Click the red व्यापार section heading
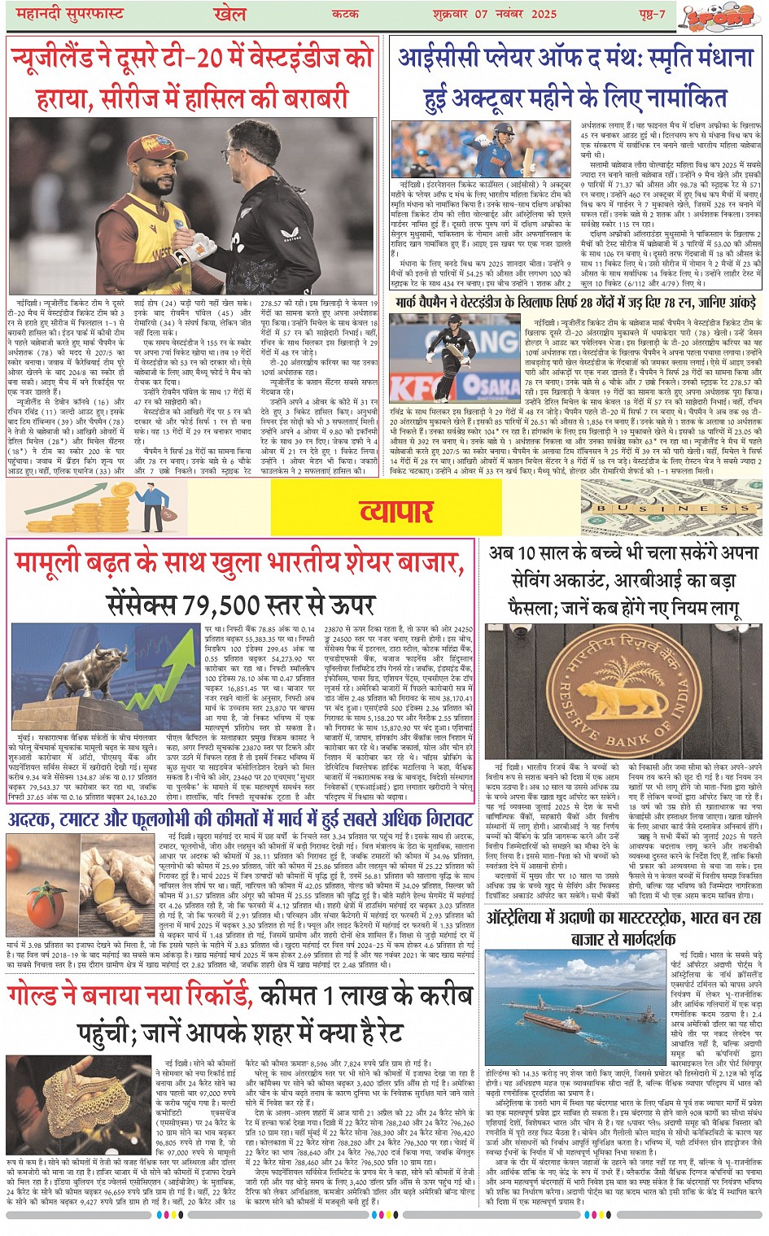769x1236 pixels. (396, 510)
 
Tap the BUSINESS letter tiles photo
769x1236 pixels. (671, 507)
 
